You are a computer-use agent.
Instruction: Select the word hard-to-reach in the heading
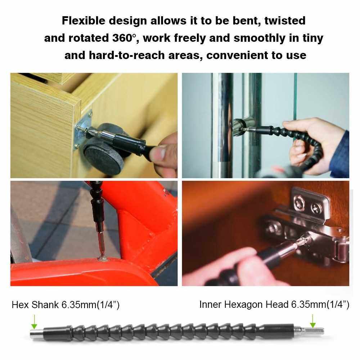coord(127,55)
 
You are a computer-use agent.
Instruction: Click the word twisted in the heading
coord(285,21)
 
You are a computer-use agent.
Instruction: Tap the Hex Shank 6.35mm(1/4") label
coord(66,305)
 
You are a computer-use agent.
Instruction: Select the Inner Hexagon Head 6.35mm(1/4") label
coord(274,305)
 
